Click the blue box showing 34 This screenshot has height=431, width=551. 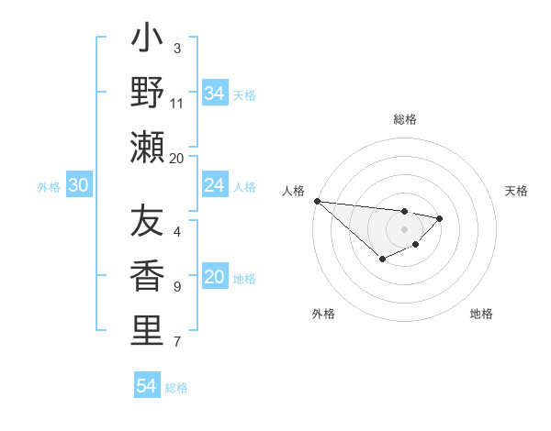click(x=214, y=93)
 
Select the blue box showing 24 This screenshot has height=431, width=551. click(x=214, y=185)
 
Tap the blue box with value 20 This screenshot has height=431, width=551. click(x=214, y=278)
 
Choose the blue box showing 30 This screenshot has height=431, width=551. click(x=78, y=185)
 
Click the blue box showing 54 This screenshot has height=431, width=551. click(x=146, y=386)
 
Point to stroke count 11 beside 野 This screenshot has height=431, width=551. click(x=177, y=103)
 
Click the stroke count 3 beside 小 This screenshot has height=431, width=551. click(x=177, y=48)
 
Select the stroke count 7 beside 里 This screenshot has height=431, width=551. click(x=177, y=342)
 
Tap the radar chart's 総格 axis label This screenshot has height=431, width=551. click(x=404, y=119)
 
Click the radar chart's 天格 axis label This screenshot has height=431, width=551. click(x=516, y=191)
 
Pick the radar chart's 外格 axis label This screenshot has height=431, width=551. click(x=323, y=314)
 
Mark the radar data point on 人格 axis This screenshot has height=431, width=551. click(x=317, y=201)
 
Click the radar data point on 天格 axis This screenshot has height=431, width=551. click(x=440, y=218)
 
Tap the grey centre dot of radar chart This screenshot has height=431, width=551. click(x=404, y=229)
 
